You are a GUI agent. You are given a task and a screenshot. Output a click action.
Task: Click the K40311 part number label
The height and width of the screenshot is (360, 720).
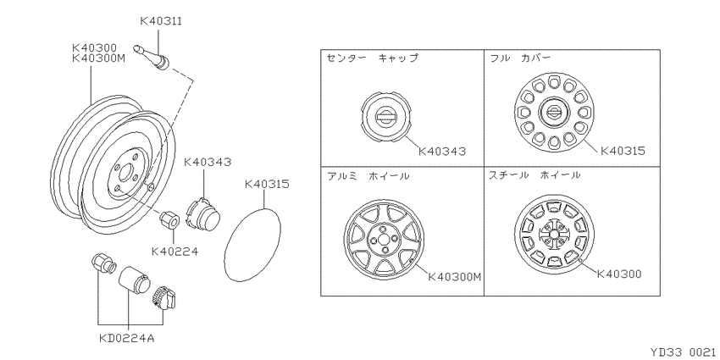[160, 21]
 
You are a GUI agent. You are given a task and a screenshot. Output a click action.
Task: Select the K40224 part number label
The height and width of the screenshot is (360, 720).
[174, 252]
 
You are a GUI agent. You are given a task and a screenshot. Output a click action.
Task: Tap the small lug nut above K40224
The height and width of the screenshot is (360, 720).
[169, 219]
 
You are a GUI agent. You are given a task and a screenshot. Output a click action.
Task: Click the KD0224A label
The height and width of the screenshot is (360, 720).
[127, 339]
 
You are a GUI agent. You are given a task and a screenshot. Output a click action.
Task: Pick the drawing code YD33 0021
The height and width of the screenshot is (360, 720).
[684, 352]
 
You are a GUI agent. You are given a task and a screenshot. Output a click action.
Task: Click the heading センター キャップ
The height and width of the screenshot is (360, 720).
[373, 58]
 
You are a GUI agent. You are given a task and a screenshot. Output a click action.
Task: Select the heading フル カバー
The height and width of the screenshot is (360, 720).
[520, 58]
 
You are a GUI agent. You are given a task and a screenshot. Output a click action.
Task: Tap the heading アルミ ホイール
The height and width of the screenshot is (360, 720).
[368, 176]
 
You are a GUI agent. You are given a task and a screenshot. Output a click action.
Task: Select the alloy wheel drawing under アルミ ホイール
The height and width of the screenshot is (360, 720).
[384, 239]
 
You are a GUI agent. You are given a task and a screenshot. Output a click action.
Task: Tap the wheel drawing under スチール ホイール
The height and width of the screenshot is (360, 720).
[554, 234]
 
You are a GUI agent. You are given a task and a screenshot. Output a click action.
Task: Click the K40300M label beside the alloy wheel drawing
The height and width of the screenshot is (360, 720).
[455, 277]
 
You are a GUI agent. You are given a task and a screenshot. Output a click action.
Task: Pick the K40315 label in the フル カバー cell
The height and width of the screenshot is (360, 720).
[623, 151]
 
